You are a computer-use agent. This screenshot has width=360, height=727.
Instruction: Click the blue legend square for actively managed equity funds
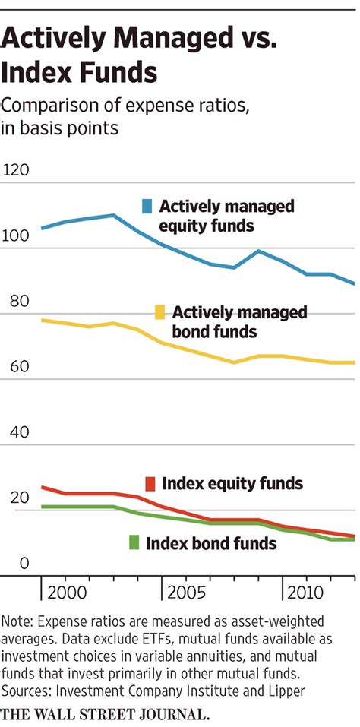click(x=147, y=206)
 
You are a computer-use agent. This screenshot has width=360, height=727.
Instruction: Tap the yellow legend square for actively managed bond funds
click(x=160, y=311)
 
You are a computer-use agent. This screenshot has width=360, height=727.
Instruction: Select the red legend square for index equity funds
click(x=150, y=484)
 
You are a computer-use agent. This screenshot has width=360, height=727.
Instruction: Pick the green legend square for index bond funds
click(x=134, y=542)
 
